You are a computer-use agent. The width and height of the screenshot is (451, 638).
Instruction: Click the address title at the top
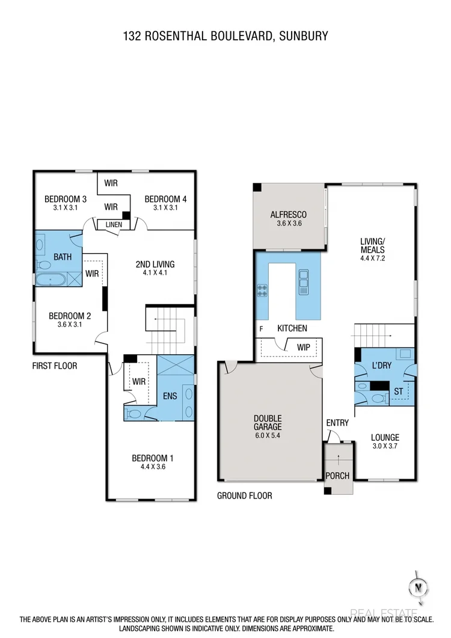pyautogui.click(x=225, y=36)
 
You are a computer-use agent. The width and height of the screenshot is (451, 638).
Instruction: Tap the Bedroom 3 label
pyautogui.click(x=66, y=199)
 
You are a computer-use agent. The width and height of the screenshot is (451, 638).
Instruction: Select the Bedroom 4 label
pyautogui.click(x=162, y=199)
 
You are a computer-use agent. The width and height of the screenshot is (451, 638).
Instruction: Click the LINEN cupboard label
pyautogui.click(x=114, y=225)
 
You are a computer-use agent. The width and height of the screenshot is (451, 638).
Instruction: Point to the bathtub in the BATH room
pyautogui.click(x=51, y=279)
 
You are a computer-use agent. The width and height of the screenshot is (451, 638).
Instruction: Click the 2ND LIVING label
pyautogui.click(x=155, y=264)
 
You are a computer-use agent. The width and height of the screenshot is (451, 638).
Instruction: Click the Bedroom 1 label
pyautogui.click(x=152, y=459)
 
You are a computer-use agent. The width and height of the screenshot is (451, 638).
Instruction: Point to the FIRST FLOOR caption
pyautogui.click(x=55, y=366)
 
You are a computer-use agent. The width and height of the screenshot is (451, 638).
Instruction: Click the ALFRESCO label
pyautogui.click(x=288, y=215)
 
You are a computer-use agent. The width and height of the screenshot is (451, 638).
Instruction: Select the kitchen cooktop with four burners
pyautogui.click(x=262, y=290)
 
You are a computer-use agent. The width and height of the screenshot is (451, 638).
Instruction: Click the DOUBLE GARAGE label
pyautogui.click(x=268, y=423)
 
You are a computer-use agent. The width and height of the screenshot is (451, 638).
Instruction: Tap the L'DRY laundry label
pyautogui.click(x=381, y=366)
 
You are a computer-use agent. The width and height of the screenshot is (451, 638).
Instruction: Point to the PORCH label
pyautogui.click(x=337, y=476)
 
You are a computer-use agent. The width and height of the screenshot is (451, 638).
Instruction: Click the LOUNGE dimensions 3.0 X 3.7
pyautogui.click(x=385, y=447)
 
